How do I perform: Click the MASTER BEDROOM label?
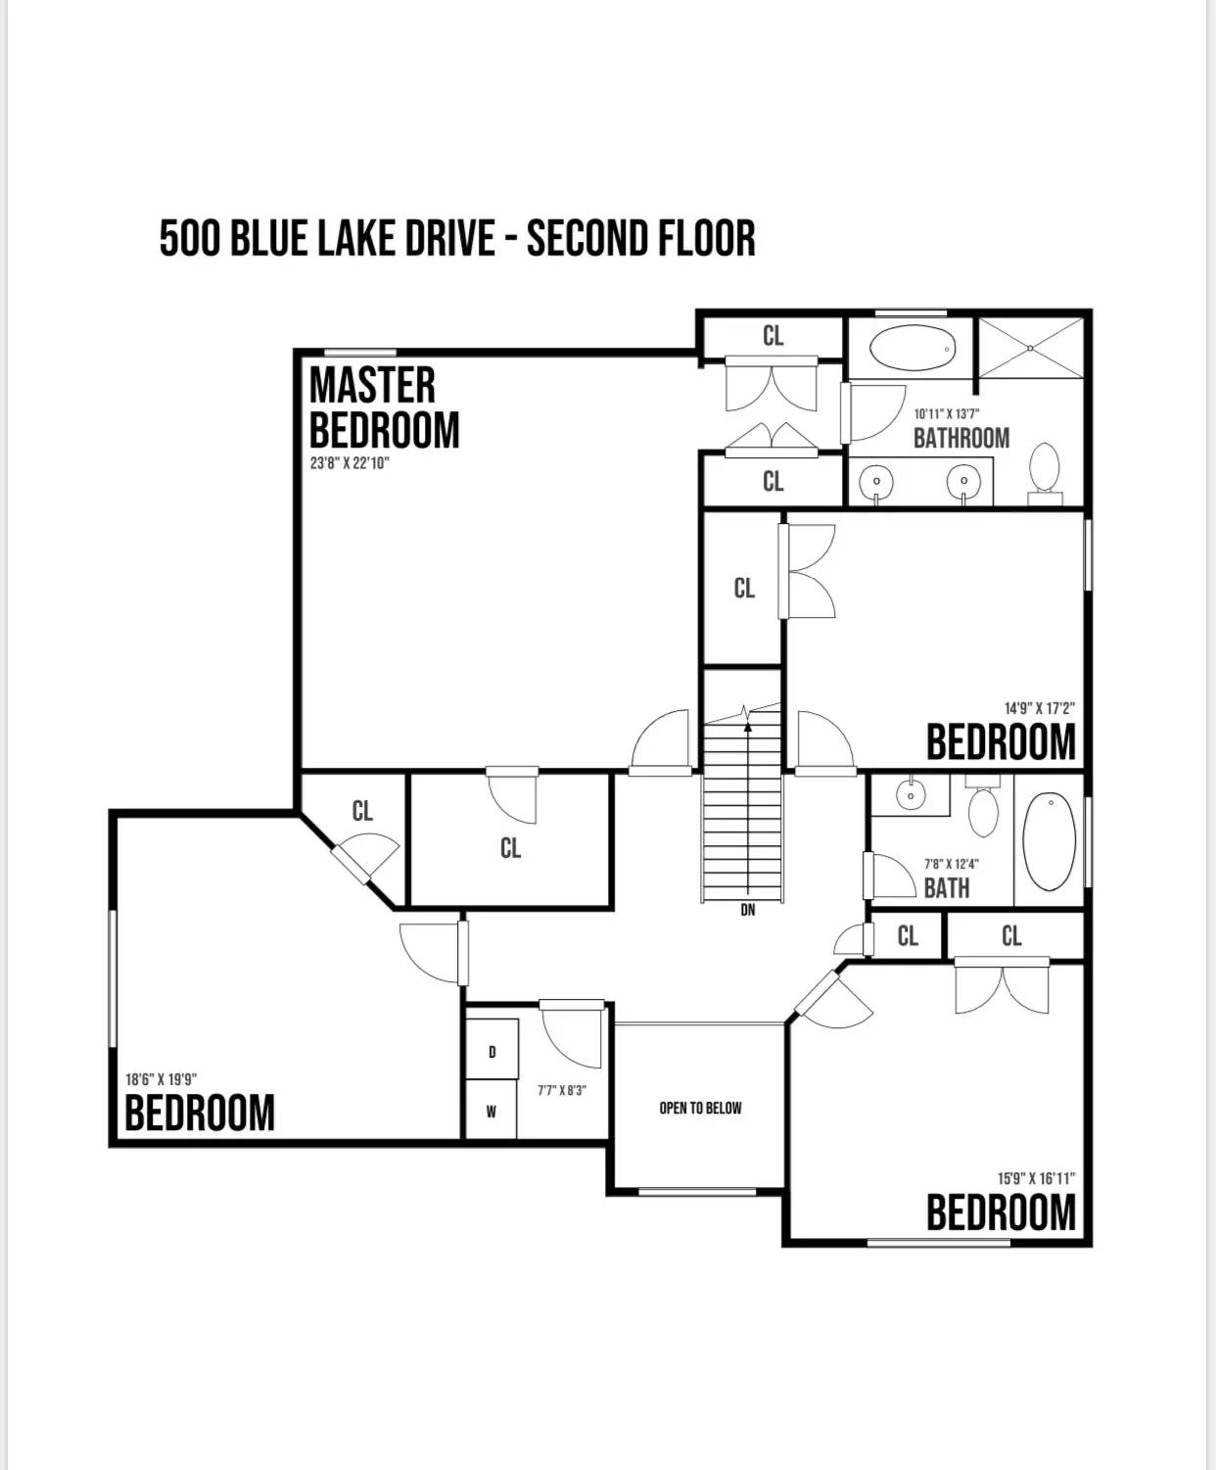384,407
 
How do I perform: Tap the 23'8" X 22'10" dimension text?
350,463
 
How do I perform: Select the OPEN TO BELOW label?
700,1109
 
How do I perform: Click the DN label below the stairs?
748,910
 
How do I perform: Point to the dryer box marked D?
491,1052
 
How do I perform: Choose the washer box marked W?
491,1111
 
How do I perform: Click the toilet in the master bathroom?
1045,473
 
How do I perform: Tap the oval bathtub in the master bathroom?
912,348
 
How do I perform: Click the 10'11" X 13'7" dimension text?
947,414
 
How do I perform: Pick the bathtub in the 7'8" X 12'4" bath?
1050,841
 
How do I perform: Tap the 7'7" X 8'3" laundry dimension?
562,1091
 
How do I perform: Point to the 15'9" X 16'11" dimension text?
1037,1178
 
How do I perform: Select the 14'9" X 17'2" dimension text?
1040,708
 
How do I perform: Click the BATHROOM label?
961,438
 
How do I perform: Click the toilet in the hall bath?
983,805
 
